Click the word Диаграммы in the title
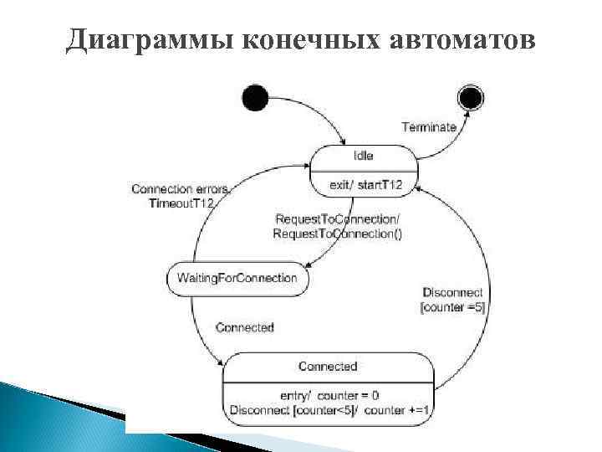[150, 38]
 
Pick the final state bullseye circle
[471, 98]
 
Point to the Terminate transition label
[429, 127]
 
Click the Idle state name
[363, 156]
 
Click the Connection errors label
[179, 189]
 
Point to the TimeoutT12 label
[182, 204]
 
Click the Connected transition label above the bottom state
[244, 327]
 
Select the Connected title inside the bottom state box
[328, 367]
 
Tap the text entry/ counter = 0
[328, 395]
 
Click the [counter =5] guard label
[452, 307]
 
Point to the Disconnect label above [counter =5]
[452, 292]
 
